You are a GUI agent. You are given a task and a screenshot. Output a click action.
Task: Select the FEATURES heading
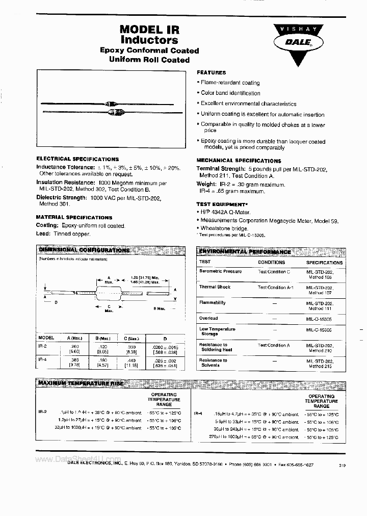tap(211, 73)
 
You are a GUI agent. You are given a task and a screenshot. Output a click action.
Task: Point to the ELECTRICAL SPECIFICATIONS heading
tap(77, 159)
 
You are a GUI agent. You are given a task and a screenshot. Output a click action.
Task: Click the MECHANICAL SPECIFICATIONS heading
tap(239, 161)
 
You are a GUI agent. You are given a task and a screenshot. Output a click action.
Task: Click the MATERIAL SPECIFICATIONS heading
tap(74, 217)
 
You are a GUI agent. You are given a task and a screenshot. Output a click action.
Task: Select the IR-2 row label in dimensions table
tap(43, 346)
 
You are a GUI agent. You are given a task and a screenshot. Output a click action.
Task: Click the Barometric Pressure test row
tap(220, 272)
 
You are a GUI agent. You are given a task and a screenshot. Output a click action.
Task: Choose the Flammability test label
tap(212, 303)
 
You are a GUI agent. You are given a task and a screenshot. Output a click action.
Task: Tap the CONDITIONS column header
tap(271, 262)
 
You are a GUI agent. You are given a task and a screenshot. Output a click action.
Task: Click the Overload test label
tap(208, 318)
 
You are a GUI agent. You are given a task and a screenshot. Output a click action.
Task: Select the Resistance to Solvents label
tap(213, 363)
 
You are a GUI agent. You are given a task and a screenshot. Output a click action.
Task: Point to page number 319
tap(341, 465)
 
